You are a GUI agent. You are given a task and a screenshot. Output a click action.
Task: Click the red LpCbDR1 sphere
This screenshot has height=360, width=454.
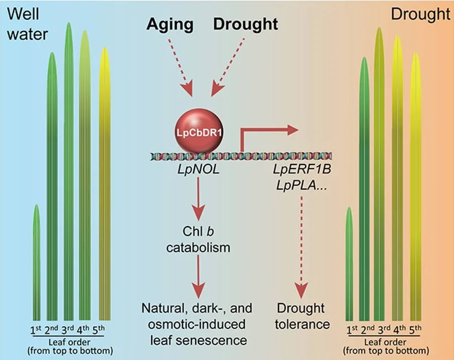pos(199,131)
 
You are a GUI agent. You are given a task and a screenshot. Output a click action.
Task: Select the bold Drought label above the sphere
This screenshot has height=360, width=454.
pos(246,24)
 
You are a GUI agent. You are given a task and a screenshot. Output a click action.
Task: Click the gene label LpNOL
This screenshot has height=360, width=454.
pos(199,170)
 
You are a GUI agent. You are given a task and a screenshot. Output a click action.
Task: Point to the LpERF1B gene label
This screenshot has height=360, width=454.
pos(302,169)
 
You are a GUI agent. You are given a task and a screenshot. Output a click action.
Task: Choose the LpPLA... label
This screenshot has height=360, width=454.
pos(302,185)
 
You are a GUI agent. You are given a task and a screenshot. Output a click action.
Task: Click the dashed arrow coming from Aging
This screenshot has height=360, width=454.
pos(181,67)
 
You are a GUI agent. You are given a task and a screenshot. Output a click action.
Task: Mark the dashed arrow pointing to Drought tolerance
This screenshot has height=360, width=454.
pos(302,247)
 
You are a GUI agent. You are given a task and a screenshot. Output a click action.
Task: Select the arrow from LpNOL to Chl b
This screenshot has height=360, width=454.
pos(198,199)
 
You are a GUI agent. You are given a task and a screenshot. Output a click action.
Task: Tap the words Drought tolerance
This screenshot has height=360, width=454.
pos(302,316)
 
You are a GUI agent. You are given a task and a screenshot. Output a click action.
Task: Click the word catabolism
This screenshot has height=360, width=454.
pos(198,247)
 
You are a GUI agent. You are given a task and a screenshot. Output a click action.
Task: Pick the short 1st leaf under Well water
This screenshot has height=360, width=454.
pos(36,263)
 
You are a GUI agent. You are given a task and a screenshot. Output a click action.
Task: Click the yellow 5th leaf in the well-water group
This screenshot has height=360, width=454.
pos(104,184)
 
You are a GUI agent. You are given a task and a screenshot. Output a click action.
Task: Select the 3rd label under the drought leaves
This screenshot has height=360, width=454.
pos(384,330)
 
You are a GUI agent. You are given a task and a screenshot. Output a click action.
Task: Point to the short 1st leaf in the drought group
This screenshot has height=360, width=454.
pos(350,264)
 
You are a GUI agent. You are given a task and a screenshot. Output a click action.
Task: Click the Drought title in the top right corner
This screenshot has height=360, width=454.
pos(420,14)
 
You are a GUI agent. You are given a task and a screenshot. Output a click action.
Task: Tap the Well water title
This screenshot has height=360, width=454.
pos(27,24)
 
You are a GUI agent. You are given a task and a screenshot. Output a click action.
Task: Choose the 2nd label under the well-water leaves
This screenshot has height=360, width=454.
pos(52,330)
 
